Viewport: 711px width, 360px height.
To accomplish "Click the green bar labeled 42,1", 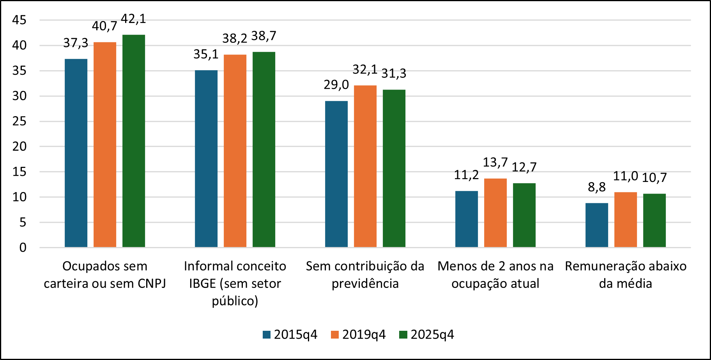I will tap(134, 141).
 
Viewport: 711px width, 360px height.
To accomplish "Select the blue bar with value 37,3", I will tap(76, 153).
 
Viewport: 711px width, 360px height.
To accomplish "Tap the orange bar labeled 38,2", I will tap(235, 151).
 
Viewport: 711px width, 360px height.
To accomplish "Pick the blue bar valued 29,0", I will tap(336, 174).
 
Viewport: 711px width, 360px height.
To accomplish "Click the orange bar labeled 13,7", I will tap(495, 213).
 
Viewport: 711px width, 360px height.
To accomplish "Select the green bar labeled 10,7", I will tap(654, 221).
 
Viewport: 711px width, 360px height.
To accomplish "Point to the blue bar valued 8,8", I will tap(597, 225).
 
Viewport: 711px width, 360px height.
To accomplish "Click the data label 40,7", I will tap(104, 26).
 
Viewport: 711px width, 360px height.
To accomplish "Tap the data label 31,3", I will tap(394, 73).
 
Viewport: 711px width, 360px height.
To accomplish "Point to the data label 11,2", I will tap(466, 175).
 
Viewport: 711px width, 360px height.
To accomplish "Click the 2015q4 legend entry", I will tap(290, 334).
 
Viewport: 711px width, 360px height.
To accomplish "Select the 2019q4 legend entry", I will tap(358, 334).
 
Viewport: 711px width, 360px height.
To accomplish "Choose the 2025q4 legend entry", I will tap(427, 334).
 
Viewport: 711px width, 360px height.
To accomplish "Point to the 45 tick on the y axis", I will tap(19, 20).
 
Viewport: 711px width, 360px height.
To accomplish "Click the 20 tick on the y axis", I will tap(19, 146).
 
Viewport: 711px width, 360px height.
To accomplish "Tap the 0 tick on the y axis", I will tap(23, 247).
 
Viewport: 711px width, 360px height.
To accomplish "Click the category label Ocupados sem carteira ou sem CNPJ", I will tap(105, 275).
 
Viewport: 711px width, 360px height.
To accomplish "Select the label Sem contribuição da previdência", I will tap(365, 275).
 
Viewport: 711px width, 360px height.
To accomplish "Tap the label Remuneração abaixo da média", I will tap(626, 275).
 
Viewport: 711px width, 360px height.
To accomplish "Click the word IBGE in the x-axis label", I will tap(202, 284).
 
